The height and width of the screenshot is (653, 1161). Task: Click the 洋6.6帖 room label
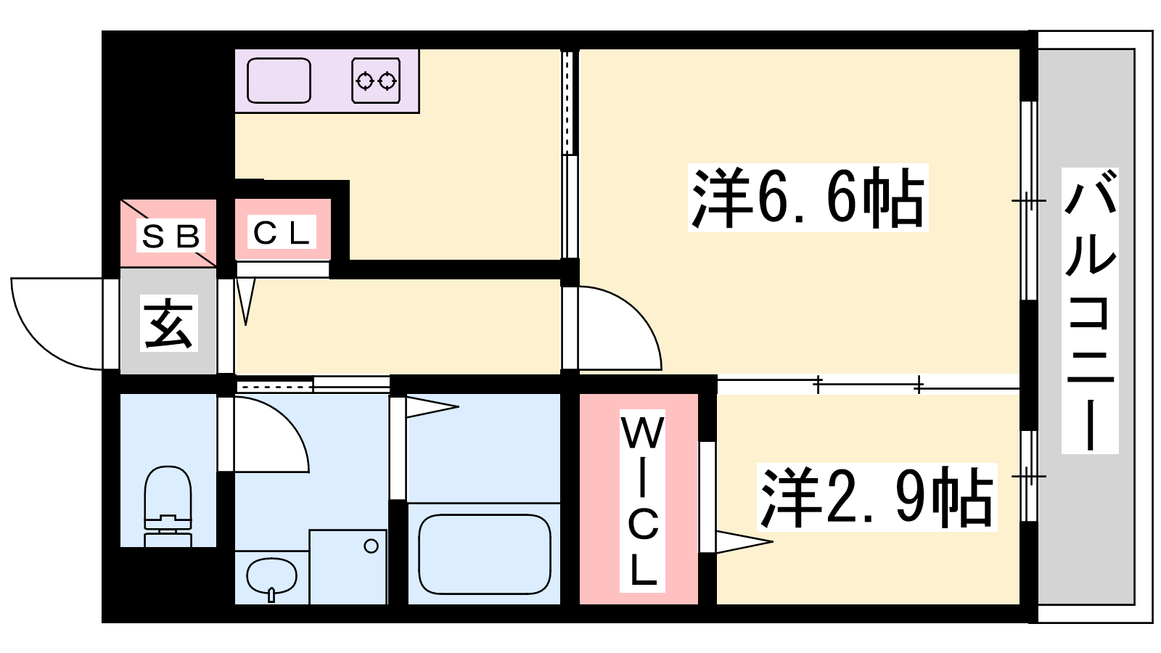(808, 197)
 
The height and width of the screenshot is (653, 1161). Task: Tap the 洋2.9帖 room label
(877, 497)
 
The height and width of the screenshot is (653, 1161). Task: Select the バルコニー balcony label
(1089, 311)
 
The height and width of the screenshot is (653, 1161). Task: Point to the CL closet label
(282, 232)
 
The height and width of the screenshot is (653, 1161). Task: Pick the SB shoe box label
(171, 236)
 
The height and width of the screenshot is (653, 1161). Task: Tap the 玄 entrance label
(169, 324)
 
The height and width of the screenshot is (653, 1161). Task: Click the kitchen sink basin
(279, 81)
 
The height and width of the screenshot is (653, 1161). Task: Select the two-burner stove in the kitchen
(376, 81)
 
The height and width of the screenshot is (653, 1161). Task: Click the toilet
(168, 506)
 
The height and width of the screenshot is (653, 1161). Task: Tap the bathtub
(484, 554)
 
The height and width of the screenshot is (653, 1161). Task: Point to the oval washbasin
(271, 576)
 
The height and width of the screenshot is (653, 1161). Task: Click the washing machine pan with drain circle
(348, 567)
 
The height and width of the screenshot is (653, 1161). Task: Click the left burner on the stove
(364, 81)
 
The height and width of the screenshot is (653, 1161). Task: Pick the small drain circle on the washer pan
(371, 546)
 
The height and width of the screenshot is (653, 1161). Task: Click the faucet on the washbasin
(271, 595)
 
